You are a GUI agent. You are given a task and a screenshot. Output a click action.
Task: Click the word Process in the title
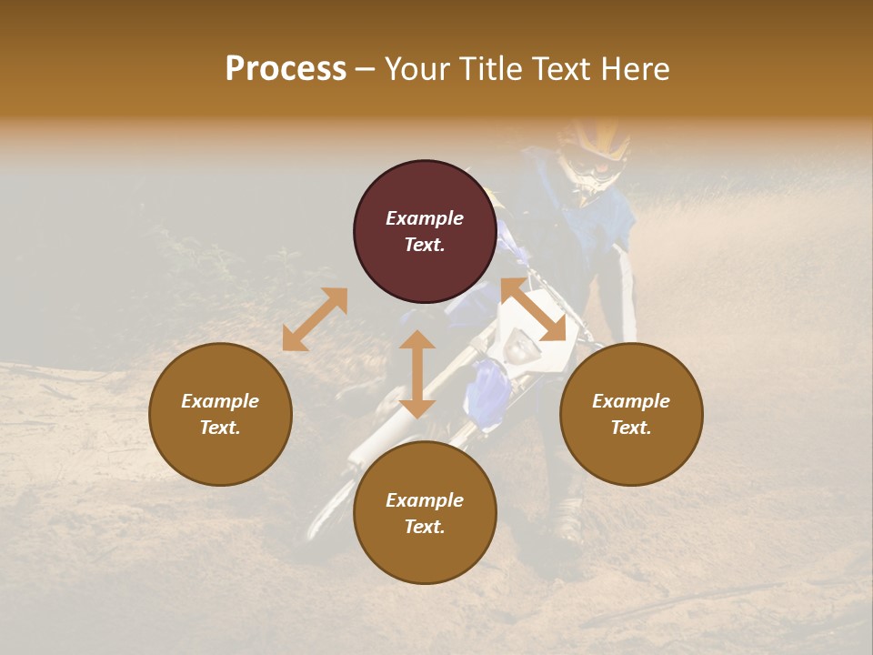tap(286, 69)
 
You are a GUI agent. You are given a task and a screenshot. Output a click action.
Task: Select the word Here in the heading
tap(633, 69)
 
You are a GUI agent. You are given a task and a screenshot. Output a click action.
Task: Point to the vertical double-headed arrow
tap(417, 374)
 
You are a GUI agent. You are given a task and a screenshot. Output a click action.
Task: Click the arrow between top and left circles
tap(315, 319)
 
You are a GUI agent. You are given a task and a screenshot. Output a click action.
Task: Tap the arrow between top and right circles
tap(534, 310)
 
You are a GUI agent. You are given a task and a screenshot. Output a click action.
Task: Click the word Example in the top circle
tap(425, 218)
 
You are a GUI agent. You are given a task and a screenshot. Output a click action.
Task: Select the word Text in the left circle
tap(220, 428)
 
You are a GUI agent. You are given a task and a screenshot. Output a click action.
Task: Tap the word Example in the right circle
tap(631, 401)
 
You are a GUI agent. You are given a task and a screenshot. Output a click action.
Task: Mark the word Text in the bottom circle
tap(425, 527)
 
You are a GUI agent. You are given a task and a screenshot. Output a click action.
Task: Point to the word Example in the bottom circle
tap(425, 500)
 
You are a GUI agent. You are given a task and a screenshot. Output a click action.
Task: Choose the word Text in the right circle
tap(631, 428)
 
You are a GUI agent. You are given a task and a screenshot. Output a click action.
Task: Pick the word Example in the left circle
tap(220, 401)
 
